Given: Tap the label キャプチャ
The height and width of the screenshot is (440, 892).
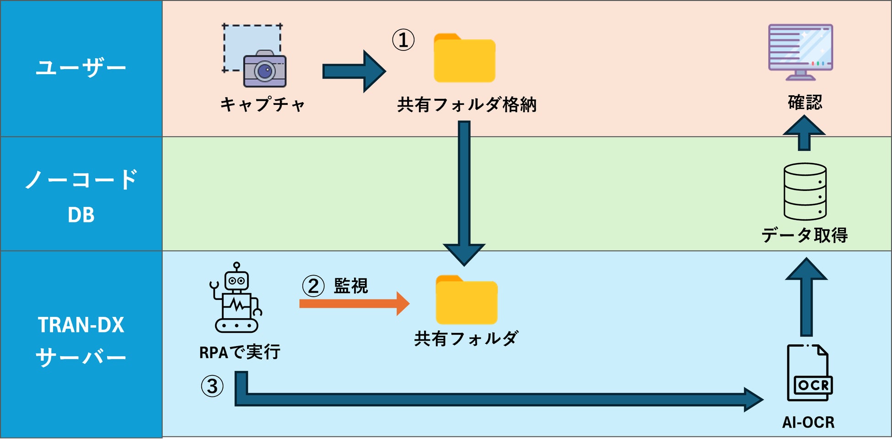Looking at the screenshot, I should pyautogui.click(x=263, y=104).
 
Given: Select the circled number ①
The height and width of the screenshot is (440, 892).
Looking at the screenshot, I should pyautogui.click(x=403, y=40).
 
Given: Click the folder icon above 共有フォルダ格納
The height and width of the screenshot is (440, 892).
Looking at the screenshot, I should pyautogui.click(x=464, y=59).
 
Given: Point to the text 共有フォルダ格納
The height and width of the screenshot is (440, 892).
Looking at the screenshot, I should pyautogui.click(x=467, y=105).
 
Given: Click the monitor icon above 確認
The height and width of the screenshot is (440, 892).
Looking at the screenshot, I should pyautogui.click(x=801, y=52).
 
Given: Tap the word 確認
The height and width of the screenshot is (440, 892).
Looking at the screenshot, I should pyautogui.click(x=805, y=102).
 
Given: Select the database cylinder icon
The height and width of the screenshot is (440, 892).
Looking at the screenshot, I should pyautogui.click(x=805, y=192).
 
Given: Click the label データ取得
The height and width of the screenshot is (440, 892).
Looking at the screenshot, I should pyautogui.click(x=804, y=235).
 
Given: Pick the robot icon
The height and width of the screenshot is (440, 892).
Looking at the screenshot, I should pyautogui.click(x=236, y=298).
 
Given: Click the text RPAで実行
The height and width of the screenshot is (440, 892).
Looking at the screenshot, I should pyautogui.click(x=240, y=352).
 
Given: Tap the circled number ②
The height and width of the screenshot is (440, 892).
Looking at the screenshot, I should pyautogui.click(x=313, y=286).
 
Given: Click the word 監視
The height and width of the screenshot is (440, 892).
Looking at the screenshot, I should pyautogui.click(x=351, y=286).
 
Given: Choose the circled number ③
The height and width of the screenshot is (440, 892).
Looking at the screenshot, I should pyautogui.click(x=212, y=386).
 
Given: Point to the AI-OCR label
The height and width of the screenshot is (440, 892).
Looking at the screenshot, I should pyautogui.click(x=808, y=422).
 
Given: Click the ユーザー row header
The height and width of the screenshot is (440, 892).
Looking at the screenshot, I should pyautogui.click(x=81, y=68).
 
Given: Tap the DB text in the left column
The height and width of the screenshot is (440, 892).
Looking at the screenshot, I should pyautogui.click(x=81, y=215).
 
